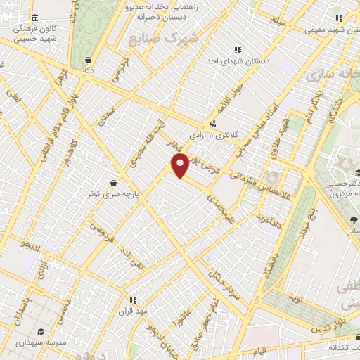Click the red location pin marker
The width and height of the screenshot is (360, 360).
pos(180,166)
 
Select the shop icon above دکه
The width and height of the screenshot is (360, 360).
pos(87,60)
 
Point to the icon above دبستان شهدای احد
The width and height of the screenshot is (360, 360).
pos(238,50)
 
